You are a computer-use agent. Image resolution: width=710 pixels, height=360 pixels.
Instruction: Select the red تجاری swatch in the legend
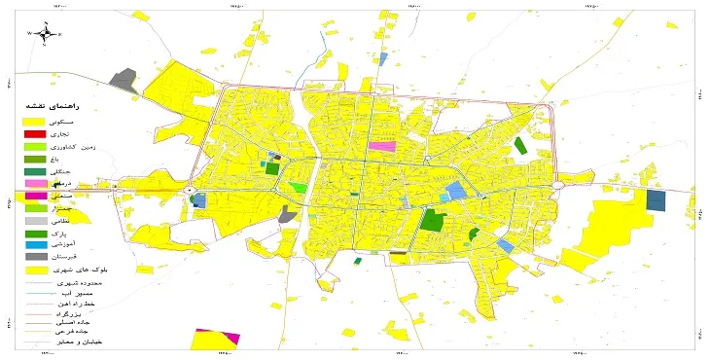click(x=34, y=133)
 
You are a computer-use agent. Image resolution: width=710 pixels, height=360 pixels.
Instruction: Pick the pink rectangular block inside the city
click(x=382, y=146)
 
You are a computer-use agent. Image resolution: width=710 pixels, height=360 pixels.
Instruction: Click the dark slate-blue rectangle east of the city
click(x=656, y=200)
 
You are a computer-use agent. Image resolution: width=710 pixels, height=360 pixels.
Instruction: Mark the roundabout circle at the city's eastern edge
click(x=558, y=185)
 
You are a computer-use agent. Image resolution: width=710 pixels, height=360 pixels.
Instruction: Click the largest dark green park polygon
click(x=433, y=218)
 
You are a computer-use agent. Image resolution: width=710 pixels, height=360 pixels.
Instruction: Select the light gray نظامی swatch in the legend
click(x=34, y=221)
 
